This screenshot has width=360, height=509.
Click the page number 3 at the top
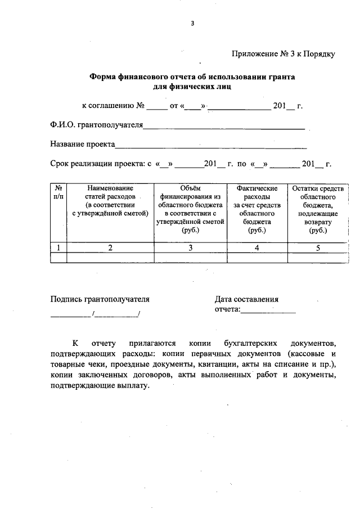tap(192, 24)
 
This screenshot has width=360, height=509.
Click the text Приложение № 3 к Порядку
tap(283, 55)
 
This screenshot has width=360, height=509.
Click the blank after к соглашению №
tap(156, 106)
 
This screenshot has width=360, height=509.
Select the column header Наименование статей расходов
tap(110, 200)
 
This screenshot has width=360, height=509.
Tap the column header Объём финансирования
tap(191, 209)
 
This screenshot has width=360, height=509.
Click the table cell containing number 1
tap(58, 247)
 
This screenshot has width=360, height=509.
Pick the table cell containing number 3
tap(191, 247)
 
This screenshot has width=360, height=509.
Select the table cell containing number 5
tap(318, 247)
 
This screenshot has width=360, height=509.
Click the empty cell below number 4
tap(257, 258)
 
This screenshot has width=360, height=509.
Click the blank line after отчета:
tap(268, 309)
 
